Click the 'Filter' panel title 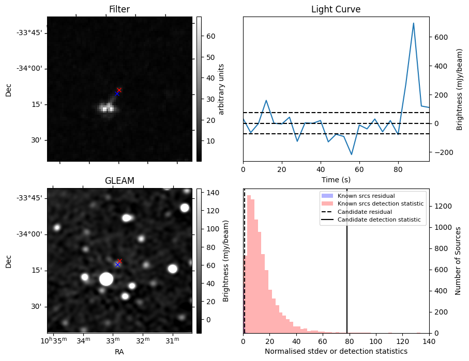point(119,9)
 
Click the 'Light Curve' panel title point(336,9)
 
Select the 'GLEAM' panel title point(119,181)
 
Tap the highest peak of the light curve point(413,23)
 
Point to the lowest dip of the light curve point(352,154)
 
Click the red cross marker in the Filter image point(119,90)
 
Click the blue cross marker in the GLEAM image point(117,264)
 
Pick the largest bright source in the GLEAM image point(106,279)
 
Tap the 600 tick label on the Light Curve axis point(442,37)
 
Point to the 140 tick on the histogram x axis point(429,341)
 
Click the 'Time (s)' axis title point(336,178)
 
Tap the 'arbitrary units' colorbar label point(221,89)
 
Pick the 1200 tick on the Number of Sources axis point(442,206)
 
